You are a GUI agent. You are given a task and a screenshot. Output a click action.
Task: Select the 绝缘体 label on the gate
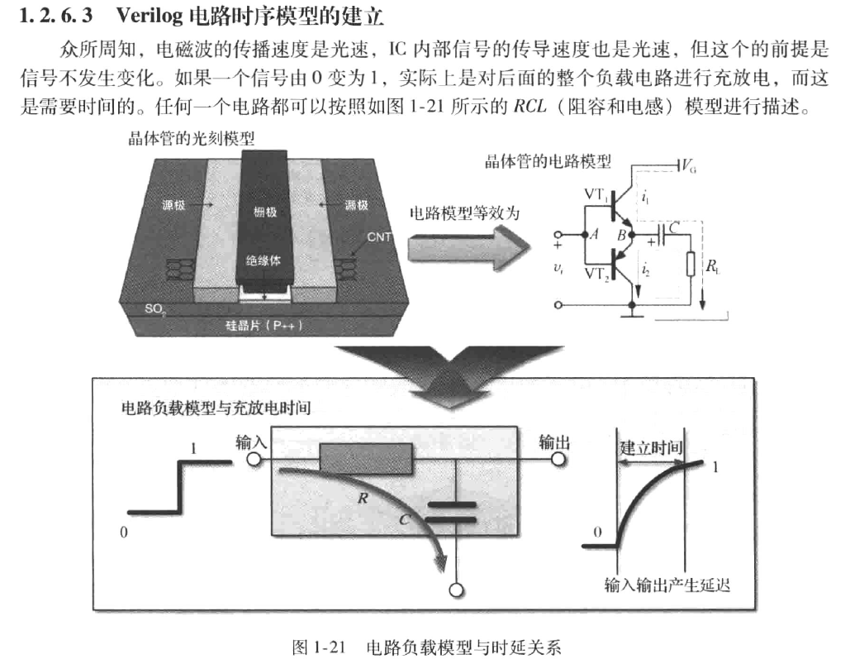tap(265, 260)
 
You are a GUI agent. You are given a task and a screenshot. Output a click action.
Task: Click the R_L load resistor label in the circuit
tap(711, 266)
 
